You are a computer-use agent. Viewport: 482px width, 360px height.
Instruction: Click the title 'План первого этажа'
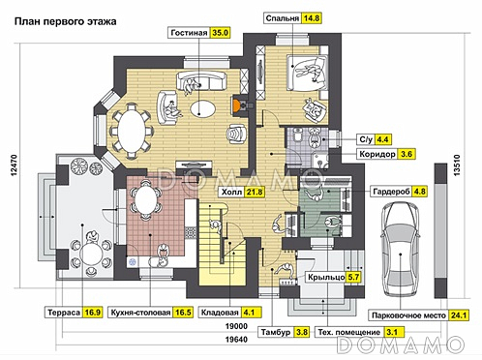pos(66,21)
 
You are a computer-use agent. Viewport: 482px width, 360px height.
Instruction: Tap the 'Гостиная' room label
pos(189,33)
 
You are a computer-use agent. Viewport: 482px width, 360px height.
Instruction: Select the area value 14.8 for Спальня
pos(311,18)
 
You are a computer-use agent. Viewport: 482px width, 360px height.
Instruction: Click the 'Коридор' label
pos(377,154)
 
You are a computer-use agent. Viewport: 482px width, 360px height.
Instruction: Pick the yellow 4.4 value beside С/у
pos(382,139)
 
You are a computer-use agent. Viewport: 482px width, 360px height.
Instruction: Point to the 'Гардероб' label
pos(391,192)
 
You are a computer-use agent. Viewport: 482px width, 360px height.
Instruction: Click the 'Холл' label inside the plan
pos(231,193)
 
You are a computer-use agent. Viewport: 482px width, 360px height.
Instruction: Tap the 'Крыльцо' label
pos(326,277)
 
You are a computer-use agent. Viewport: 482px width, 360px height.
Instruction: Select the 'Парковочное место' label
pos(408,315)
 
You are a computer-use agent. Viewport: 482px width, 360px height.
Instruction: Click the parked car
pos(401,249)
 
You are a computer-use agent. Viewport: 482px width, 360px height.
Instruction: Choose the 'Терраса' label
pos(64,313)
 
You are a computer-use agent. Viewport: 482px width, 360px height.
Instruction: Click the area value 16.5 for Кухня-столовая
pos(183,313)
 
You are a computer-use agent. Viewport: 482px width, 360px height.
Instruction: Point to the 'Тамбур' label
pos(276,332)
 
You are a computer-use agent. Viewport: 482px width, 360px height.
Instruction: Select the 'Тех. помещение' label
pos(349,332)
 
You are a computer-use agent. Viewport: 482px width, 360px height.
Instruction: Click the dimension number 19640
pos(236,340)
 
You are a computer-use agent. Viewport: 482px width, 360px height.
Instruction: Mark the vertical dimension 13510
pos(457,165)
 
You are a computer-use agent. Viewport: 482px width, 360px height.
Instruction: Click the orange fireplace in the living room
pos(236,105)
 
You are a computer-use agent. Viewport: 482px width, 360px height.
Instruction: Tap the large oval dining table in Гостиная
pos(132,131)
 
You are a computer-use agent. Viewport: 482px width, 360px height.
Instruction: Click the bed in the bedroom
pos(307,73)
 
